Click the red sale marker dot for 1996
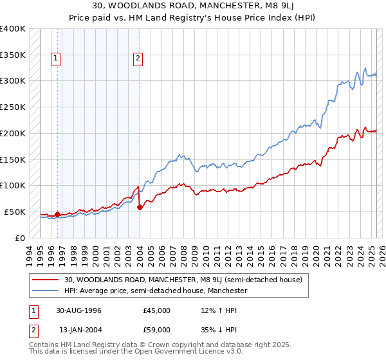tap(58, 214)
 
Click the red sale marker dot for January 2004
tap(140, 207)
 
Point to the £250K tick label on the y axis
tap(13, 107)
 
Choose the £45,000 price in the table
tap(156, 310)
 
